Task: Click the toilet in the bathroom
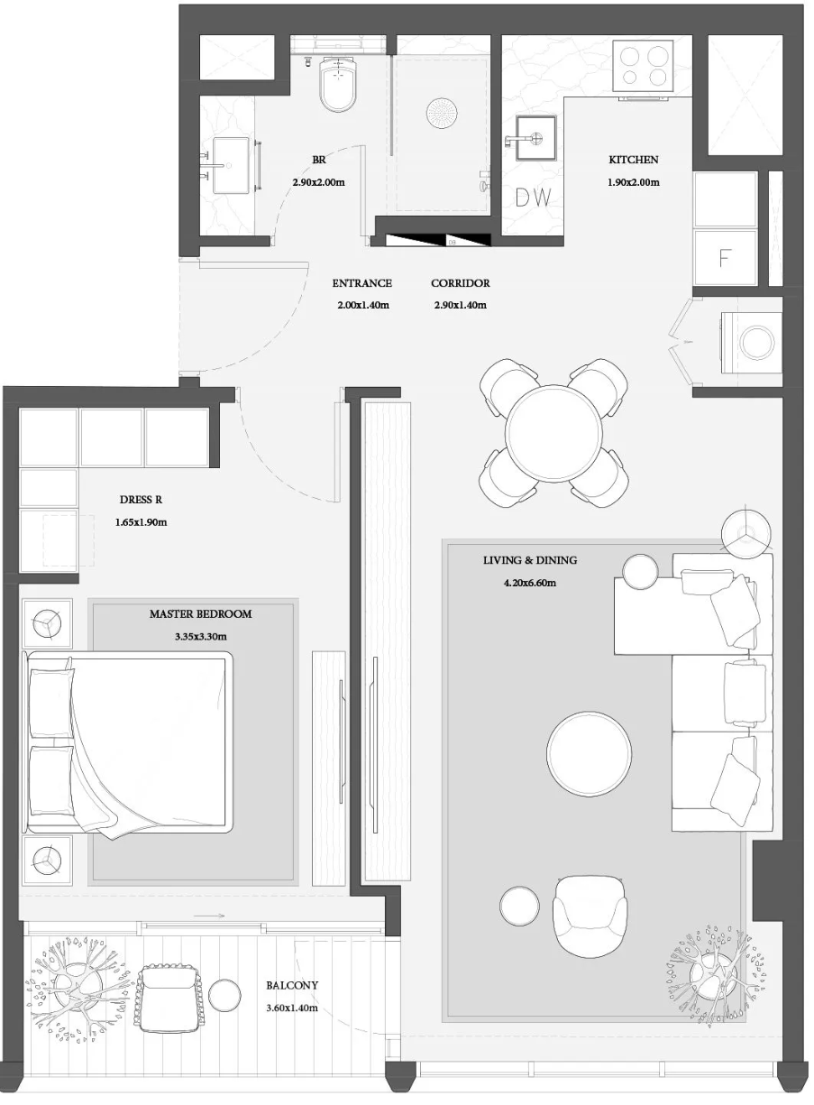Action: [x=338, y=84]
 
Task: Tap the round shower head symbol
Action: [x=443, y=113]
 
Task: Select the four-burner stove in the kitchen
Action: [x=643, y=67]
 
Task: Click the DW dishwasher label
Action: [x=533, y=198]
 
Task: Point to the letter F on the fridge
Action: [x=724, y=257]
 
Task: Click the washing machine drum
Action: [x=758, y=341]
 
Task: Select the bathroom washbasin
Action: [x=231, y=165]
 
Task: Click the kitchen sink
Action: [x=535, y=138]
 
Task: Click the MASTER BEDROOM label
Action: [x=201, y=614]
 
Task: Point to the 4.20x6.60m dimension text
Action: [x=529, y=583]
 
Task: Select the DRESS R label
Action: [x=141, y=500]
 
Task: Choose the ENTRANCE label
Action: [x=362, y=283]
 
